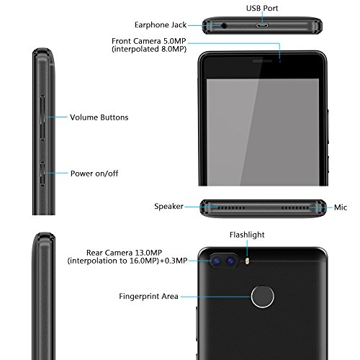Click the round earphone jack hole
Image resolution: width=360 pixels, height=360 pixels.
[227, 24]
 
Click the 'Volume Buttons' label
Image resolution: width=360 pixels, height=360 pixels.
[99, 117]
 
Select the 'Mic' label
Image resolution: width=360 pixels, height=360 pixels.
[341, 206]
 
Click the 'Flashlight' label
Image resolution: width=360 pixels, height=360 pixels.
[246, 234]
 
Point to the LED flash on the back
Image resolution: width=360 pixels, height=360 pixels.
[247, 261]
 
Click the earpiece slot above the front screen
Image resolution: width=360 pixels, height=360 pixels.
[259, 60]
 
